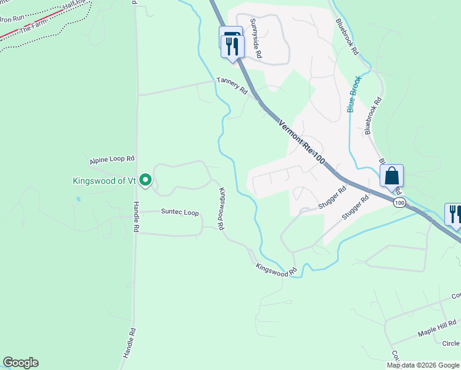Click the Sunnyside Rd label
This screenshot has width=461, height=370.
(x=256, y=38)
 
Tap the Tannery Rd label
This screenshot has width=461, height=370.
(x=232, y=86)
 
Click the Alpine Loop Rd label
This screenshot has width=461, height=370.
(x=112, y=159)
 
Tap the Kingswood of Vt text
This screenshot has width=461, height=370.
(x=104, y=181)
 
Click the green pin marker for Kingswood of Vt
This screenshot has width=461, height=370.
(x=145, y=180)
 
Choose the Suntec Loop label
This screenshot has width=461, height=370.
(x=180, y=213)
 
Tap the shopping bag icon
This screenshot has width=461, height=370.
(x=391, y=175)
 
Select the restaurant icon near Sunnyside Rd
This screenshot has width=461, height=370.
(x=232, y=46)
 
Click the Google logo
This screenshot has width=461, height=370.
(x=20, y=363)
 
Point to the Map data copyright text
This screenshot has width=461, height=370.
(x=423, y=365)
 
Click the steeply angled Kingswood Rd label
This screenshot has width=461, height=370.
(x=221, y=205)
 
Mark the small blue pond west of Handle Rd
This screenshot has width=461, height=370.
(x=78, y=200)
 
